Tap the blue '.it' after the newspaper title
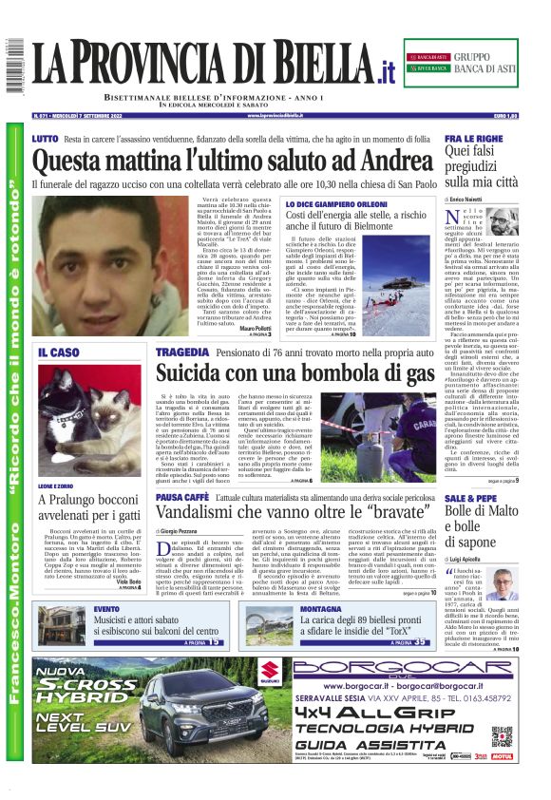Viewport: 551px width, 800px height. [x=384, y=70]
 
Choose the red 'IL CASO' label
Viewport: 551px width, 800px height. [x=59, y=352]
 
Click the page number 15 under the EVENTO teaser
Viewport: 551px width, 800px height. [x=217, y=641]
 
